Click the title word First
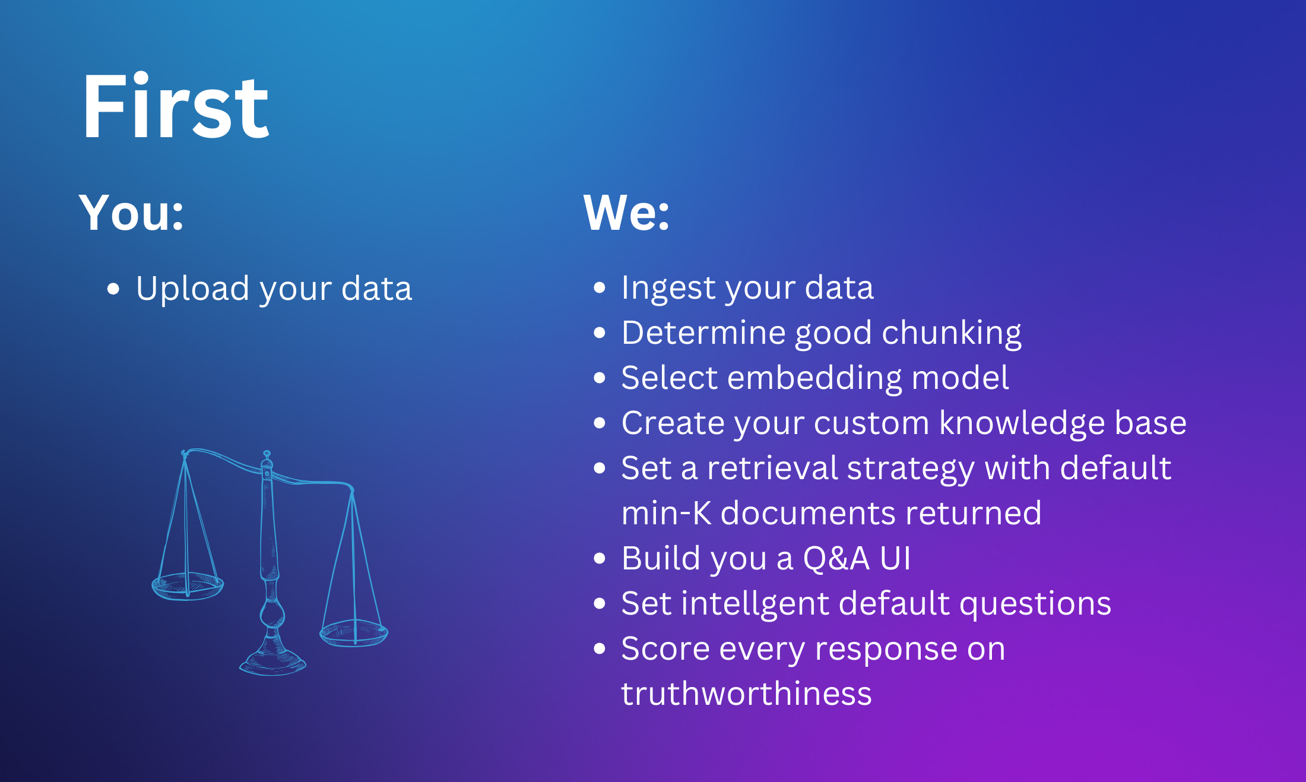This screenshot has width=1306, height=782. tap(176, 106)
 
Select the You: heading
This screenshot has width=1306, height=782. tap(131, 212)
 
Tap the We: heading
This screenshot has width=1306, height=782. tap(626, 212)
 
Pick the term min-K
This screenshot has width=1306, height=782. tap(667, 513)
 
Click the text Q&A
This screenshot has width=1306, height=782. tap(836, 559)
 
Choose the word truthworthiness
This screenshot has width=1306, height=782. tap(746, 694)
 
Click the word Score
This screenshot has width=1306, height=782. tap(665, 648)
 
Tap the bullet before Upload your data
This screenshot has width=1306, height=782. tap(113, 289)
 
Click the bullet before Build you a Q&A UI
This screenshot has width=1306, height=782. tap(600, 558)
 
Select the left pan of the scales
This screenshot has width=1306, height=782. tap(188, 586)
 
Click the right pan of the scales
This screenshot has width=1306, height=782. tap(354, 633)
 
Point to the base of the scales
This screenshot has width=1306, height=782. tap(272, 662)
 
